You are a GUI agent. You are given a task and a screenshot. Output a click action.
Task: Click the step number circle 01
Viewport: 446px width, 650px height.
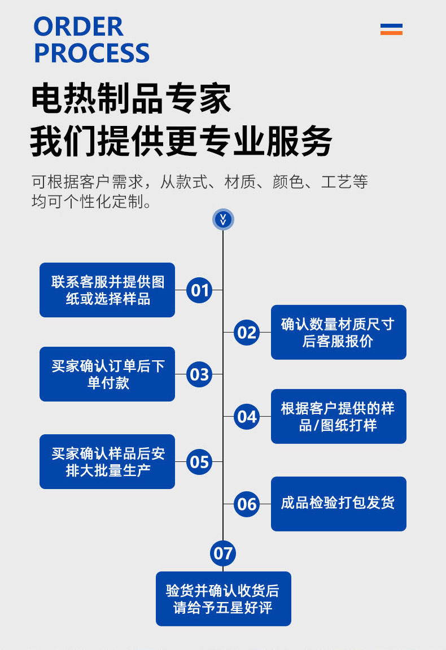click(x=199, y=290)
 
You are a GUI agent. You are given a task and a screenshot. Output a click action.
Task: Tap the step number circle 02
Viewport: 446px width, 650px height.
click(x=247, y=332)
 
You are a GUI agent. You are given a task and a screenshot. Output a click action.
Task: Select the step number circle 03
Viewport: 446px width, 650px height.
click(x=199, y=374)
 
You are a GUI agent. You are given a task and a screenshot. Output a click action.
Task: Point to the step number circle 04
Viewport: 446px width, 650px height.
click(x=247, y=417)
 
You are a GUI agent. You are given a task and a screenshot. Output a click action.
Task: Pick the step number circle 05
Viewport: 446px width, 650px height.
click(x=199, y=462)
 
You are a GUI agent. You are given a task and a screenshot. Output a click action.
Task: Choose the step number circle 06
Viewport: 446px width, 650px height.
click(x=247, y=504)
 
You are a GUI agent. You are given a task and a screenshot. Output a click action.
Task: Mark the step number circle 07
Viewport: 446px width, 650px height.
click(x=223, y=553)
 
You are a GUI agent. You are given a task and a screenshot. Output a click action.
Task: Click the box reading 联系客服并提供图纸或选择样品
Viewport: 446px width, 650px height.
click(x=107, y=290)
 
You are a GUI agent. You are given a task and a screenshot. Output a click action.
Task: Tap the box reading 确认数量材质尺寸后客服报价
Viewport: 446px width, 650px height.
click(x=338, y=332)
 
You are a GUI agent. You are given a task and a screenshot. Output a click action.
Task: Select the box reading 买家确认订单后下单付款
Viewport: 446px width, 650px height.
click(x=107, y=374)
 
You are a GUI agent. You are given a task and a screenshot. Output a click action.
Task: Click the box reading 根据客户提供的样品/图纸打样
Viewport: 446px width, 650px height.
click(x=338, y=416)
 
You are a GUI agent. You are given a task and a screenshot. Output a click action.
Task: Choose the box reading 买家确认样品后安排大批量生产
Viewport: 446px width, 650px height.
click(x=107, y=461)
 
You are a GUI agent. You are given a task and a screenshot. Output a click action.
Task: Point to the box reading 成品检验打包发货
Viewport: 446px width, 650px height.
click(x=338, y=504)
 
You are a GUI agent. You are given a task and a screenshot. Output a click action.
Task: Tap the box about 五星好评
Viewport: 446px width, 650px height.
click(x=223, y=599)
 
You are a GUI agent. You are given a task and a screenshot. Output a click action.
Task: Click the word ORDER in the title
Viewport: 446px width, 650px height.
click(x=78, y=27)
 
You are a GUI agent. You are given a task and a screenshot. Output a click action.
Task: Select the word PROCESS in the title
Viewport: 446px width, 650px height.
click(x=91, y=53)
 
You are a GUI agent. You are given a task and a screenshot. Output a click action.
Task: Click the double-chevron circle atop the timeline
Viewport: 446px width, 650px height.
click(x=223, y=219)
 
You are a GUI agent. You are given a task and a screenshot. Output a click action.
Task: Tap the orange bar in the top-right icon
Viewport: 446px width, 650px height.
click(x=391, y=33)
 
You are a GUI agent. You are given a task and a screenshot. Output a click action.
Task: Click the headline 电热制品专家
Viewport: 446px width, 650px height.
click(x=131, y=99)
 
